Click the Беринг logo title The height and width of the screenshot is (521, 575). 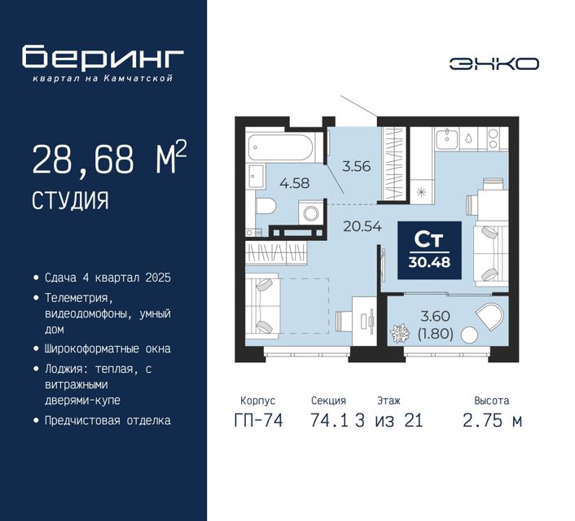pos(103,57)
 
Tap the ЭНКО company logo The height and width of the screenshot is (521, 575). pos(494,63)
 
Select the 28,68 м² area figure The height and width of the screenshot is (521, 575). pos(109,159)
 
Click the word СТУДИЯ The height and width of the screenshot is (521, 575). pos(70,200)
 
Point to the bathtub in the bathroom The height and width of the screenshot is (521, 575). pos(281,147)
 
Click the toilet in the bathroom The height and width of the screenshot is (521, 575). pos(266,206)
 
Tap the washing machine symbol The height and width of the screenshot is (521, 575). pos(311,212)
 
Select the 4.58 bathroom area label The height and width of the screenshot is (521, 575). pos(295,182)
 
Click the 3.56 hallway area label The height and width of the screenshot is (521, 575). pos(356,166)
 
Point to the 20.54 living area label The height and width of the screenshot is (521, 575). pos(362,226)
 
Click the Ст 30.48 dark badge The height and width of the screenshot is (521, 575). pos(429,251)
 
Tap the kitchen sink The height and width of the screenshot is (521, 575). pos(446,139)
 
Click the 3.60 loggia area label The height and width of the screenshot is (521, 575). pos(435,316)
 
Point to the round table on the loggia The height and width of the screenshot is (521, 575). pos(469,335)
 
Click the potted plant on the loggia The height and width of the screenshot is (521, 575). pos(399,333)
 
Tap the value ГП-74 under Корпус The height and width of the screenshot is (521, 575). pos(258,421)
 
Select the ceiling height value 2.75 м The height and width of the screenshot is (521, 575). pos(492,421)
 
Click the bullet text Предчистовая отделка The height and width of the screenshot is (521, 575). pos(108,420)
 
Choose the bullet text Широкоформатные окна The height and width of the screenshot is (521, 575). pos(108,348)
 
